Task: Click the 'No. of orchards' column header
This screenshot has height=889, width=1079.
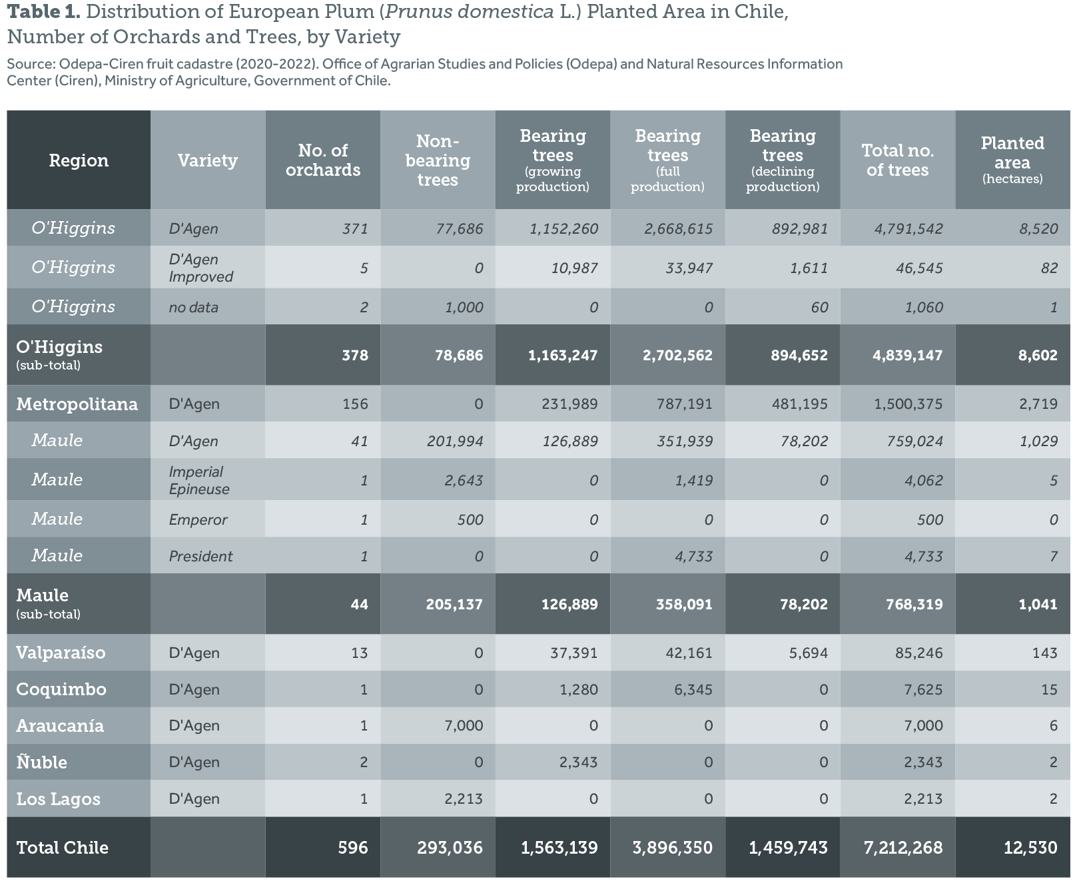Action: [323, 160]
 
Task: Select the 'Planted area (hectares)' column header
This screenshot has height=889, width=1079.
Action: [1012, 160]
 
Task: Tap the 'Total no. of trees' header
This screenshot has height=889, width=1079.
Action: [897, 160]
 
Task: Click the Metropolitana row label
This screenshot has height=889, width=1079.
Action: [77, 404]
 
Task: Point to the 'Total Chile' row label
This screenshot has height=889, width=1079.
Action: [62, 848]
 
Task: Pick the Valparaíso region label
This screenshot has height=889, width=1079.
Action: [61, 653]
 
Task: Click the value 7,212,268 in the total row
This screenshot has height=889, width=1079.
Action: [902, 848]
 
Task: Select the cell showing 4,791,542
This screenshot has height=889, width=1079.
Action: [908, 229]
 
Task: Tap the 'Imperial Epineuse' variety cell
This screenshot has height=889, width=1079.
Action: [198, 480]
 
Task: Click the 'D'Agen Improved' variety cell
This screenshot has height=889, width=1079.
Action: [200, 268]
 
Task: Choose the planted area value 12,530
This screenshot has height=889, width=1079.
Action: [1030, 848]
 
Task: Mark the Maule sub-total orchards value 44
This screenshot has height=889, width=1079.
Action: [359, 605]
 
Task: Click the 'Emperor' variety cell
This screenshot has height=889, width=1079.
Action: [198, 520]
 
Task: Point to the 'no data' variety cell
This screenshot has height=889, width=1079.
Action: [193, 308]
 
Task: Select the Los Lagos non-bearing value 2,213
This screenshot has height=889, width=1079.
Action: [464, 799]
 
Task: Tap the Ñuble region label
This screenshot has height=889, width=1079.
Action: [41, 762]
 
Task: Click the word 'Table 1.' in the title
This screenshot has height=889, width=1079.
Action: [43, 12]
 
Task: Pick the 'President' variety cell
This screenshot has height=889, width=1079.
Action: [200, 557]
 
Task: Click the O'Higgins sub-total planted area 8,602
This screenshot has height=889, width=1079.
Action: [1037, 356]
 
